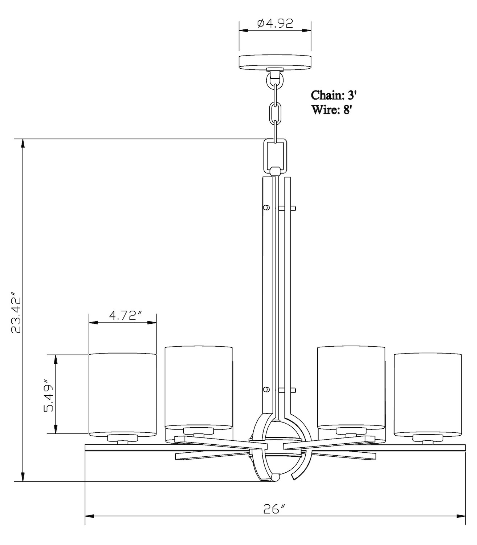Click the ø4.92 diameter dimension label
point(275,24)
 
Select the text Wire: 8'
point(332,109)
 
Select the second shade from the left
point(198,387)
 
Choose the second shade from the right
point(351,387)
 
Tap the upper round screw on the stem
point(266,207)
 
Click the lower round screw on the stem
point(266,390)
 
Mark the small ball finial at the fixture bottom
point(275,477)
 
